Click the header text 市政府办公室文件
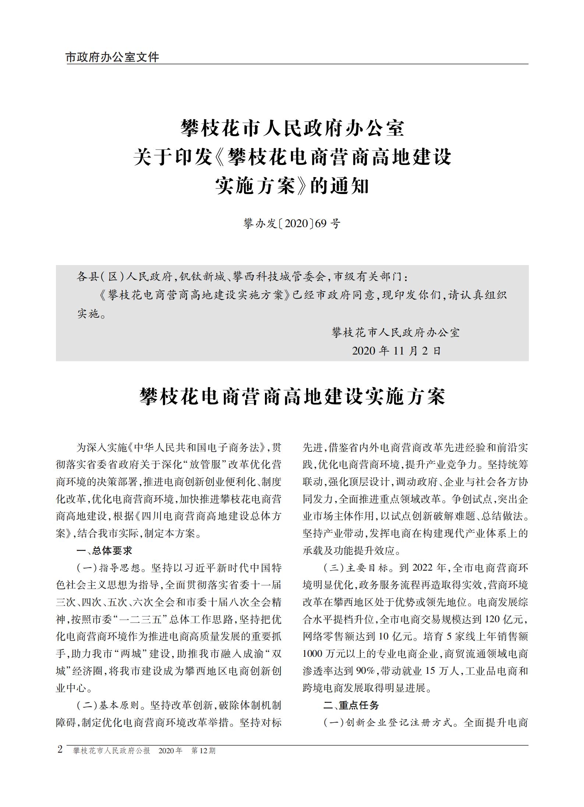tap(112, 57)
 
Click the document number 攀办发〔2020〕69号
tap(292, 223)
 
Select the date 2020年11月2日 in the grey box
tap(396, 350)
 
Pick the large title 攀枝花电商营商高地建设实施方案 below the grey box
tap(292, 397)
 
